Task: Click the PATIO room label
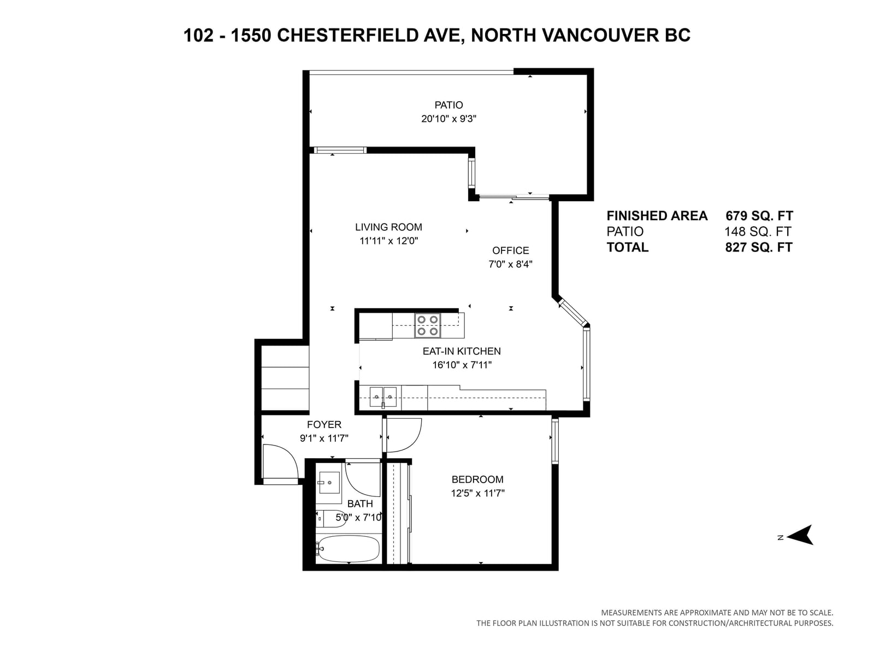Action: tap(448, 105)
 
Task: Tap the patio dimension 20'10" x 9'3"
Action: tap(449, 119)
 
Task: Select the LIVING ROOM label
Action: tap(388, 227)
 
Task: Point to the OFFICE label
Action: tap(510, 250)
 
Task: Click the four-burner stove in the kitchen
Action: tap(428, 325)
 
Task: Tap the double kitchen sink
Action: tap(383, 397)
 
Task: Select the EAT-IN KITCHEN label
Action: tap(462, 352)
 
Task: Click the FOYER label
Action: tap(324, 425)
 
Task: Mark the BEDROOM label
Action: tap(477, 479)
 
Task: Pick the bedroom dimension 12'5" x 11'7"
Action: tap(477, 494)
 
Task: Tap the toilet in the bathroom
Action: tap(331, 519)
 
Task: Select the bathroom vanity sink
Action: tap(329, 482)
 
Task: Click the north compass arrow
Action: tap(800, 535)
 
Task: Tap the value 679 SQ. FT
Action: tap(759, 216)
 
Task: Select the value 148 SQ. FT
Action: tap(758, 231)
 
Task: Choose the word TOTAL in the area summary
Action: tap(628, 247)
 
